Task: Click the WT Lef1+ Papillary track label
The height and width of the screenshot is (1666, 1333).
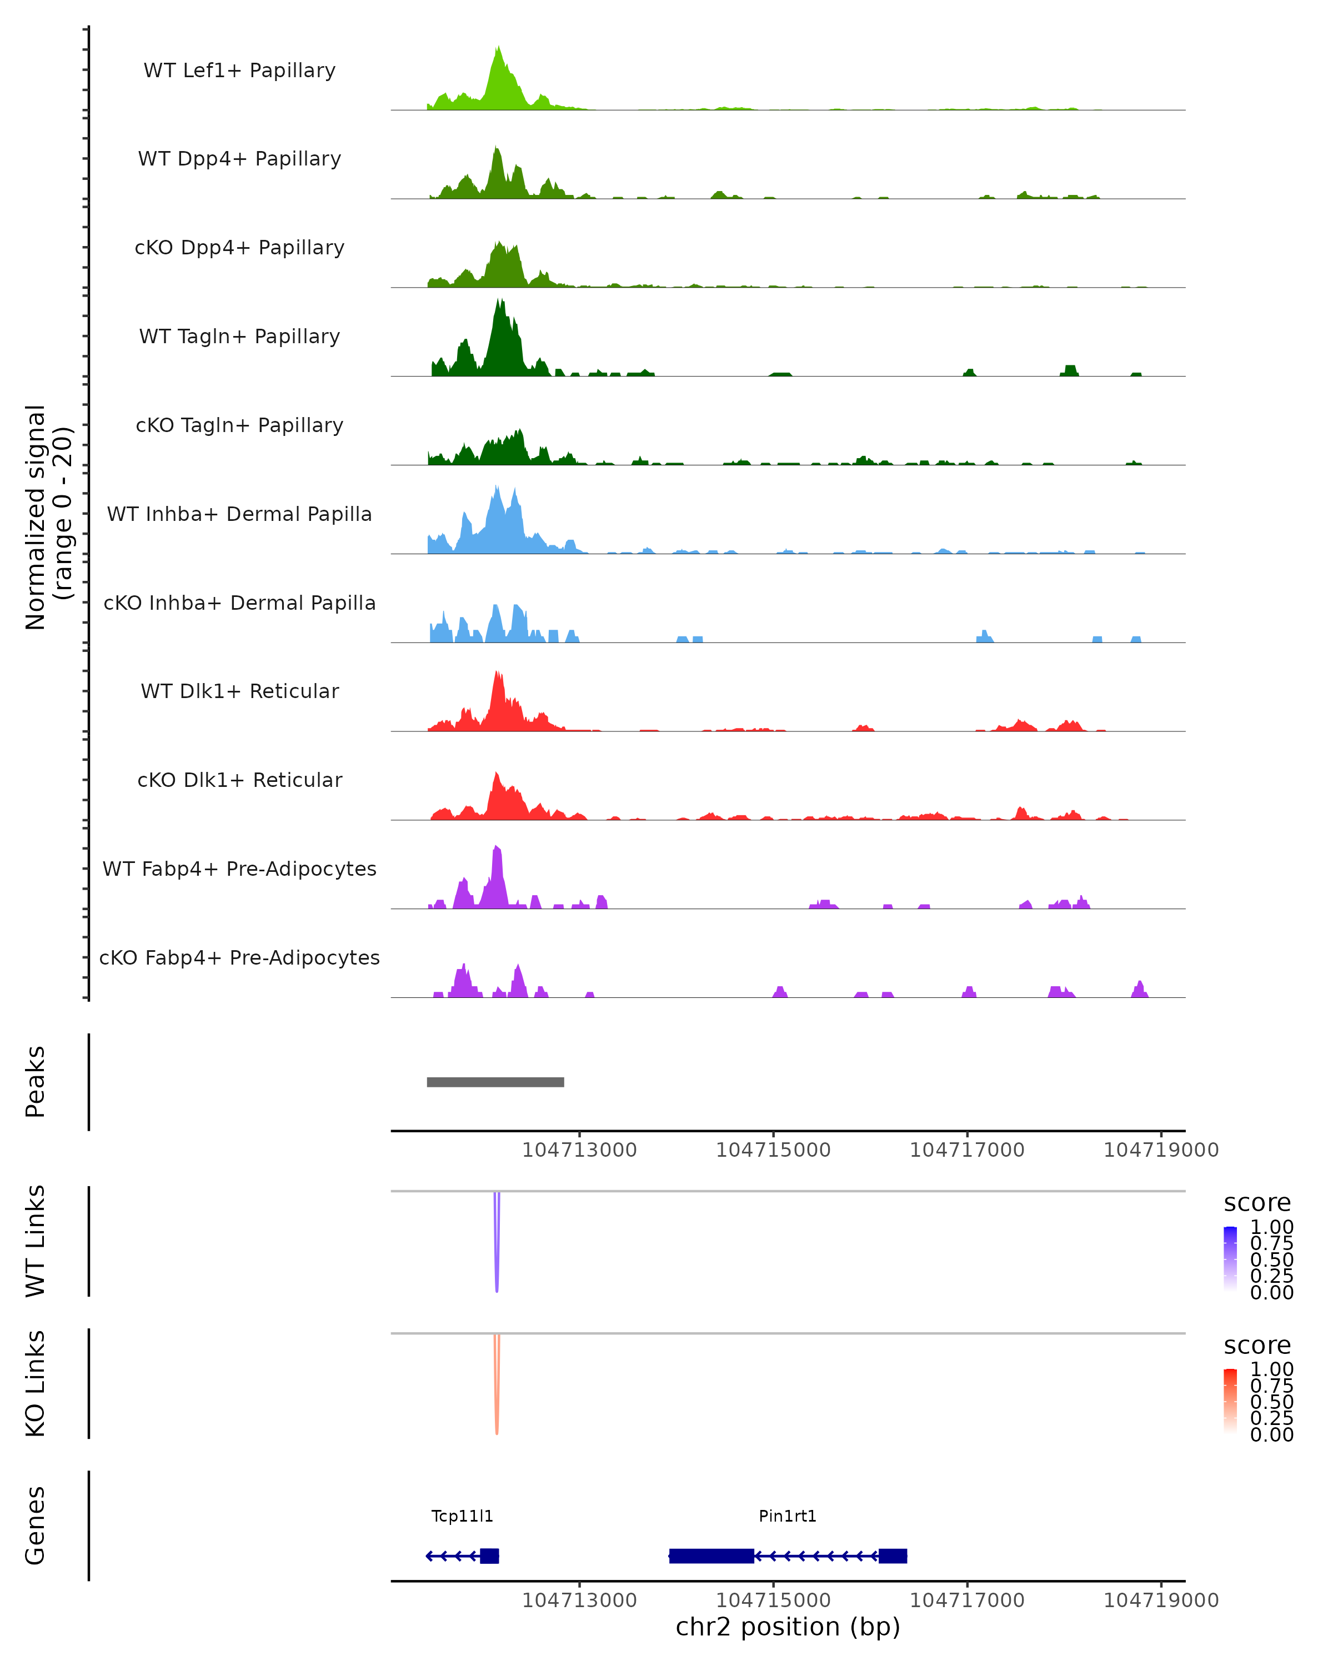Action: tap(239, 71)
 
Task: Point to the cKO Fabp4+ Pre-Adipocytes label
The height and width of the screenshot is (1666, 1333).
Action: tap(239, 957)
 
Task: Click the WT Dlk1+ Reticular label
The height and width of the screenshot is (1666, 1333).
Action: tap(239, 691)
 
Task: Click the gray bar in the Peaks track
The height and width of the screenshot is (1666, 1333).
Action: tap(495, 1082)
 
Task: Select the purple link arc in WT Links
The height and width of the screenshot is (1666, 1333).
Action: tap(497, 1267)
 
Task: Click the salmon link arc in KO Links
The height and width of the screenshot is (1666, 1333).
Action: tap(497, 1410)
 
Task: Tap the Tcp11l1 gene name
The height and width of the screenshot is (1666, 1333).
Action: tap(462, 1516)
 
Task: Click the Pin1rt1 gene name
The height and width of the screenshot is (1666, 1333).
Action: tap(788, 1516)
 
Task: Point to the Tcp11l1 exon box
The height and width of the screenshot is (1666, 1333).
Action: tap(489, 1556)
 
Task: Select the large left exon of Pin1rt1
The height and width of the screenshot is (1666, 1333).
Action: tap(711, 1556)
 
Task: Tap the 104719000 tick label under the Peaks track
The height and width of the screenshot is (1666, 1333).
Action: tap(1161, 1150)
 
